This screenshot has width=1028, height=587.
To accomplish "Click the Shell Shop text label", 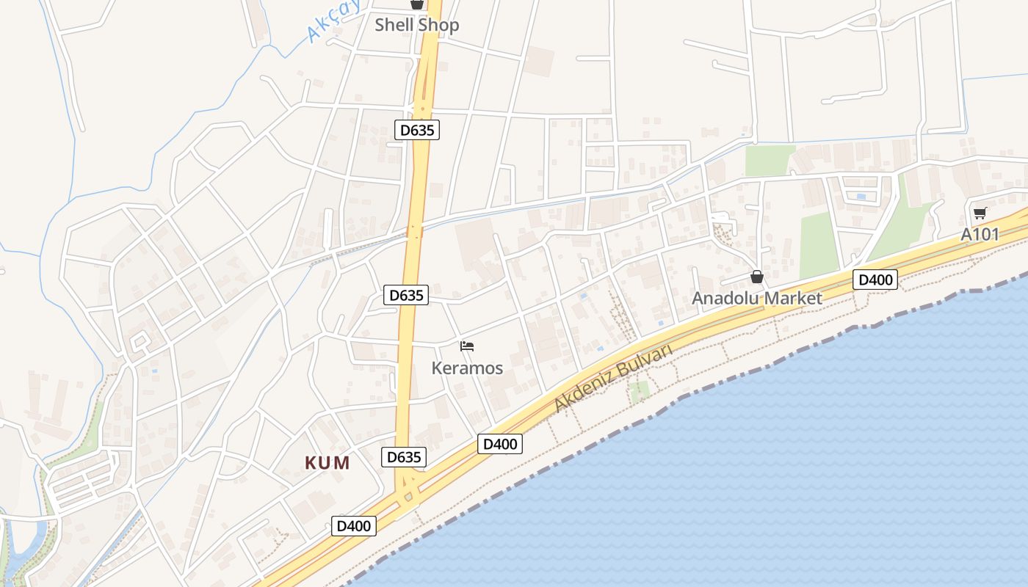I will [417, 25].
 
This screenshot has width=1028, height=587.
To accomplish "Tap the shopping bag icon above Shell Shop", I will [417, 4].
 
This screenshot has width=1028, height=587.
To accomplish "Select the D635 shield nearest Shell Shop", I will [417, 131].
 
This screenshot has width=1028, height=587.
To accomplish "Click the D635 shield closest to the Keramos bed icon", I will [406, 295].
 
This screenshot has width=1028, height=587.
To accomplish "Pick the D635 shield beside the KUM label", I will [404, 457].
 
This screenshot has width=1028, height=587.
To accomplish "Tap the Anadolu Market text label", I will [756, 298].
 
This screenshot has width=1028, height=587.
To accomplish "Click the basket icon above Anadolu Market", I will [757, 277].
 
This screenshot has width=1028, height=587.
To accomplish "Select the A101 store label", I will [980, 235].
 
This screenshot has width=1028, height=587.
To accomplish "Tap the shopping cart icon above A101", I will [980, 214].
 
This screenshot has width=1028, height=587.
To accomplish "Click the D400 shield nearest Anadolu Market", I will [875, 280].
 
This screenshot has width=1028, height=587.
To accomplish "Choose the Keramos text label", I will [467, 368].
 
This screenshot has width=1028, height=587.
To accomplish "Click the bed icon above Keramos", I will [467, 346].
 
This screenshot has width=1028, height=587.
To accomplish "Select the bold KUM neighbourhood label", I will [327, 463].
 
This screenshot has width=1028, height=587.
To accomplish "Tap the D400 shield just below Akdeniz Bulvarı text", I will [500, 444].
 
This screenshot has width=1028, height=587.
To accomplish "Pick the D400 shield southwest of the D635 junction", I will [354, 525].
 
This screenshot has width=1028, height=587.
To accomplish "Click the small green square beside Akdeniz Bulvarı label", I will [640, 391].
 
